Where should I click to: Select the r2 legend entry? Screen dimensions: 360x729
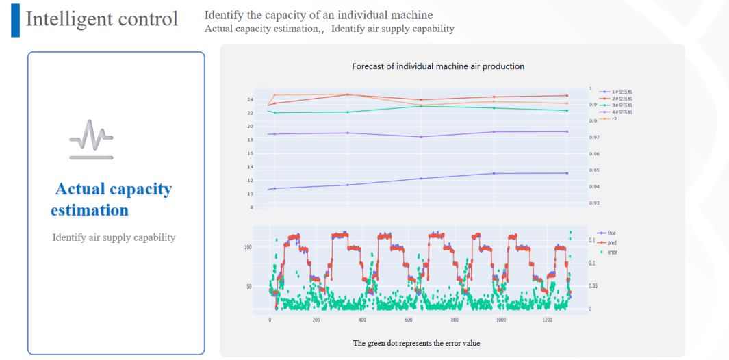(x=615, y=119)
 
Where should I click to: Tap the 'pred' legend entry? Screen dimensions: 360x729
(x=611, y=242)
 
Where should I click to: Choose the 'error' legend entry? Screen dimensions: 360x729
(x=612, y=252)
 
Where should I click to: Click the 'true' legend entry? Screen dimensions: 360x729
(x=611, y=233)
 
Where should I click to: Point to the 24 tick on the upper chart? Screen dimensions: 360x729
(x=250, y=100)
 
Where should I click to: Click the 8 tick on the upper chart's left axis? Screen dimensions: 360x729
(x=251, y=207)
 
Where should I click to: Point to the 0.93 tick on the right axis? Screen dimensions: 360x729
(x=594, y=203)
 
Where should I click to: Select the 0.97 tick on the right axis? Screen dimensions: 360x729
(x=594, y=138)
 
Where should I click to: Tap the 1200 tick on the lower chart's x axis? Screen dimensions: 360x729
(x=546, y=320)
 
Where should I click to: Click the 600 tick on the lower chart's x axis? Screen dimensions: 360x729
(x=408, y=320)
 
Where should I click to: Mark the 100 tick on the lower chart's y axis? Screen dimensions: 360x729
(x=248, y=247)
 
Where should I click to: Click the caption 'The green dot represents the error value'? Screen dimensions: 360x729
(x=416, y=343)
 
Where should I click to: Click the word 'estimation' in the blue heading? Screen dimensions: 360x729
(x=90, y=210)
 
